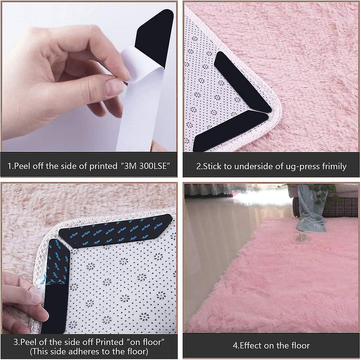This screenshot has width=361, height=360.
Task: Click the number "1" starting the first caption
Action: (x=9, y=166)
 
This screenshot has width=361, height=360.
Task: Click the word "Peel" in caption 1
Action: (x=21, y=166)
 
